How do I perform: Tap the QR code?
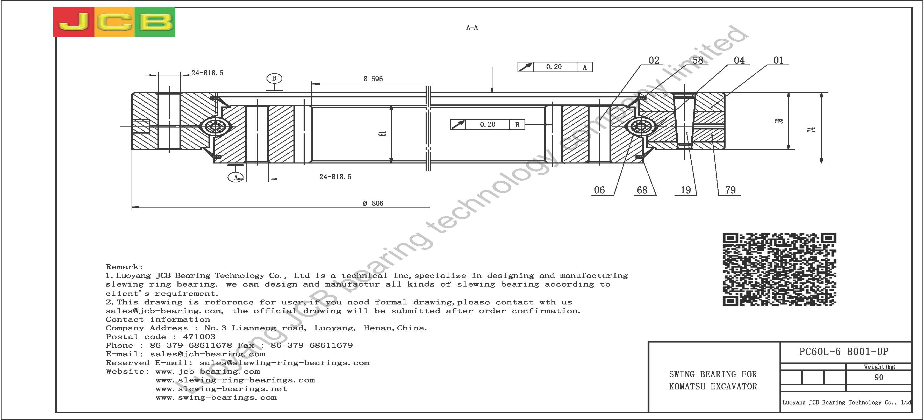point(779,269)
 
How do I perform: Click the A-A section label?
point(472,28)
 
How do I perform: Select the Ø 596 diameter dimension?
point(373,79)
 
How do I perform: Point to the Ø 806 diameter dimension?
point(373,203)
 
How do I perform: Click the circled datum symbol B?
point(274,78)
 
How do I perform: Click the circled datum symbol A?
point(236,177)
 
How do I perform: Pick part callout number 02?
point(654,60)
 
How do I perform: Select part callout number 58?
point(698,60)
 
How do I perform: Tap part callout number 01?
point(778,60)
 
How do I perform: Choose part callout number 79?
point(730,190)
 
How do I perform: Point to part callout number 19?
point(685,190)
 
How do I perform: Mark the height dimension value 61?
point(383,133)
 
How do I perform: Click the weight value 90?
point(879,377)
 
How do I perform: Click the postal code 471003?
point(199,337)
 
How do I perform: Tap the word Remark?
point(123,267)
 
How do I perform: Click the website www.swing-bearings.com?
point(216,398)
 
